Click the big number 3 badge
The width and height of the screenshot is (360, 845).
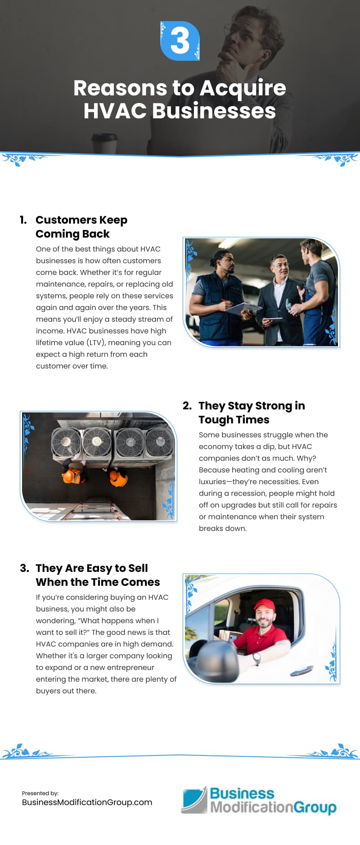click(x=180, y=41)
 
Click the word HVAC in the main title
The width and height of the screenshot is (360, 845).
click(x=115, y=111)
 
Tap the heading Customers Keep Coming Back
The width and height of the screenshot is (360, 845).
click(x=81, y=227)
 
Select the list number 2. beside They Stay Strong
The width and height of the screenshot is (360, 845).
click(x=187, y=406)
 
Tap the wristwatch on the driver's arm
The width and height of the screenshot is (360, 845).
click(x=256, y=658)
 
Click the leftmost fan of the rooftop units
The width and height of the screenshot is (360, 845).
click(x=66, y=442)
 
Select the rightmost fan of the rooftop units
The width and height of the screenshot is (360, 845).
click(x=159, y=441)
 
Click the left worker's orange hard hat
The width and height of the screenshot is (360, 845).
click(x=69, y=476)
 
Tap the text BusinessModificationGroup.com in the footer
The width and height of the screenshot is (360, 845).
click(x=87, y=802)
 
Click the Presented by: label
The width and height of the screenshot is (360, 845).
click(x=40, y=793)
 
